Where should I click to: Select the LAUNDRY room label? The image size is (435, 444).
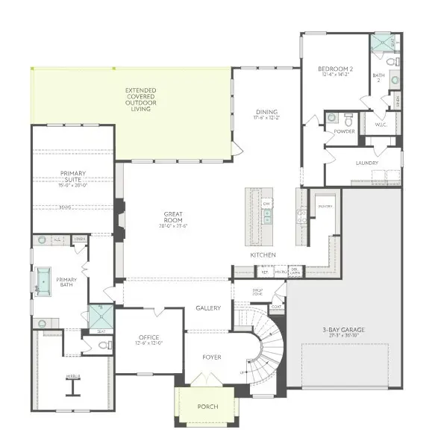point(366,162)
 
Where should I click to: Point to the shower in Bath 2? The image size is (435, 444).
point(381,43)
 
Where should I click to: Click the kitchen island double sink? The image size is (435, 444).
point(266,216)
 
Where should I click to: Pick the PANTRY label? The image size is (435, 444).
point(324,206)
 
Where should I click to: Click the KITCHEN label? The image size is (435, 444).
point(263,255)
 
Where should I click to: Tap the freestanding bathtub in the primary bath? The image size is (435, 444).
point(44,281)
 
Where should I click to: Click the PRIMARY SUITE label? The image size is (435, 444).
point(73,176)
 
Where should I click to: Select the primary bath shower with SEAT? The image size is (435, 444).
point(100,316)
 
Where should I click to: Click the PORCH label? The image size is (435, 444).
point(207,407)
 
